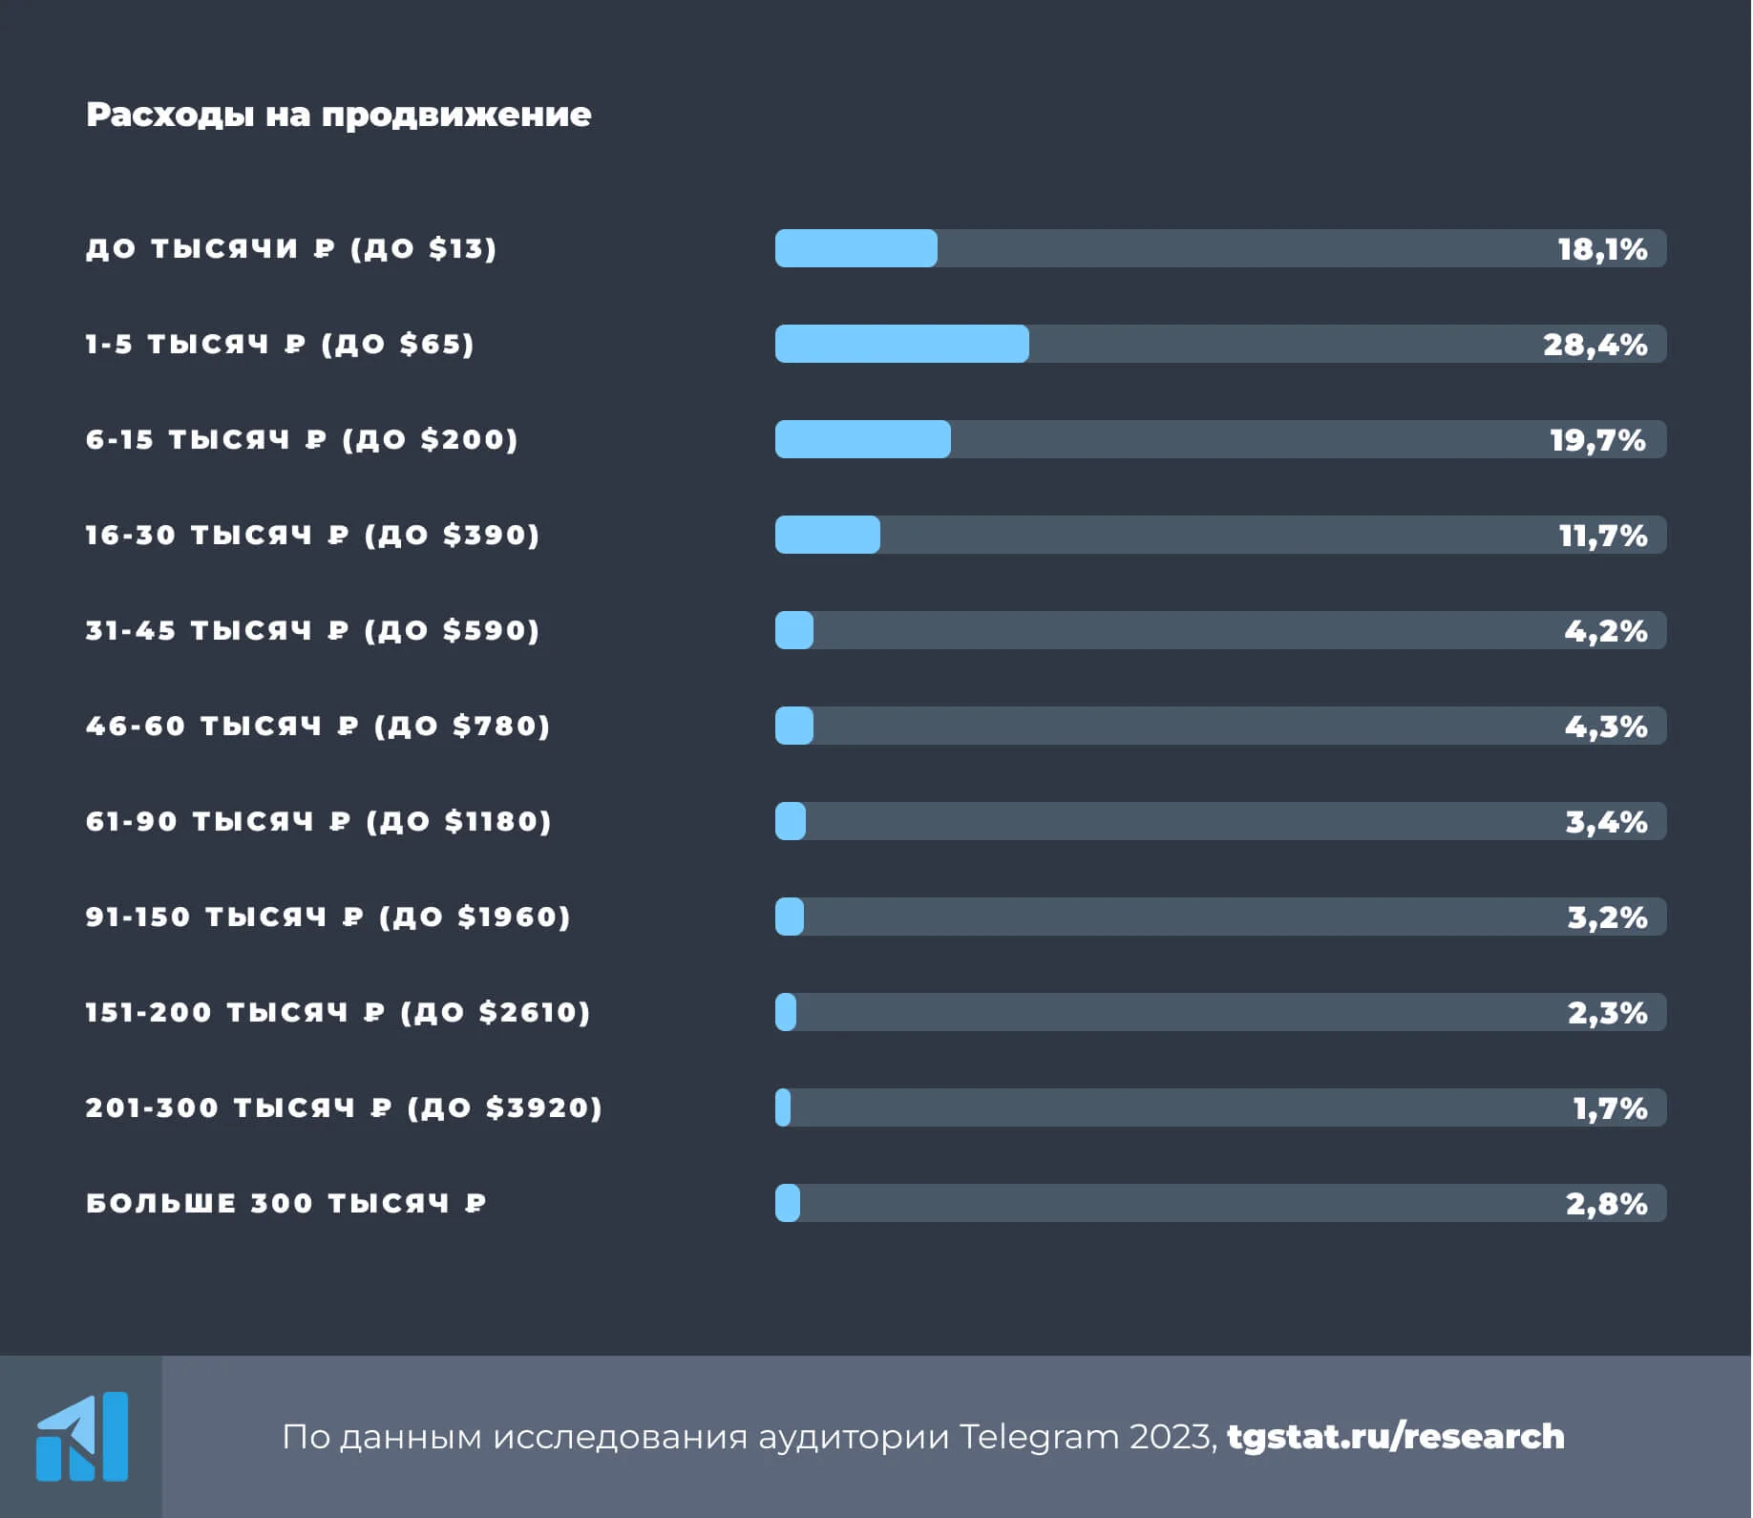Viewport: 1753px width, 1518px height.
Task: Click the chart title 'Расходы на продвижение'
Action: (338, 115)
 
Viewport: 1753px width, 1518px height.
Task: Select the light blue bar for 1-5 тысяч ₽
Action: (901, 344)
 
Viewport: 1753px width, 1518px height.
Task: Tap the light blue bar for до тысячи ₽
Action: (855, 248)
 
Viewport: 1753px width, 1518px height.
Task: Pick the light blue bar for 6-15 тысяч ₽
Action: (862, 439)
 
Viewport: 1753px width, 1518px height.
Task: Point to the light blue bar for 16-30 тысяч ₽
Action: (827, 535)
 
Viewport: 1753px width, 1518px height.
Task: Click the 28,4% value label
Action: (1595, 345)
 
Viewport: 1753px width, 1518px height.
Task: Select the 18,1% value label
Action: (1602, 249)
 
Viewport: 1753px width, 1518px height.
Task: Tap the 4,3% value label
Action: (1605, 727)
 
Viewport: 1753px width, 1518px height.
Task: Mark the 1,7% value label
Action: (1610, 1108)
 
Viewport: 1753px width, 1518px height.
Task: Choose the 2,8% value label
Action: (1606, 1204)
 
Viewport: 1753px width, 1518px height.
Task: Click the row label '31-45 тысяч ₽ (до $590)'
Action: (312, 630)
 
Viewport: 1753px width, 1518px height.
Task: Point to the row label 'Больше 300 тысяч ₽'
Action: (285, 1203)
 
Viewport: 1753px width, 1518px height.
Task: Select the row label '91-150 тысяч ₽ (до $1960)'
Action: (327, 917)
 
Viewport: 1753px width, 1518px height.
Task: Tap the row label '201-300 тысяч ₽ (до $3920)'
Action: (344, 1107)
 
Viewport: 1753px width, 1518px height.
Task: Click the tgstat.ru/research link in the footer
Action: (1395, 1436)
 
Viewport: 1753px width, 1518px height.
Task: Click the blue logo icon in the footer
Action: (82, 1436)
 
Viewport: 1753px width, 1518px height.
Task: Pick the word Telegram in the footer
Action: (1038, 1437)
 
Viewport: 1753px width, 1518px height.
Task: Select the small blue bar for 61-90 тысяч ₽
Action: (791, 821)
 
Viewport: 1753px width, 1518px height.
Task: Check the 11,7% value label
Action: (1602, 536)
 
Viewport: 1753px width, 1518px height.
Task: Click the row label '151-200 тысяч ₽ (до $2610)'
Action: (338, 1012)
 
